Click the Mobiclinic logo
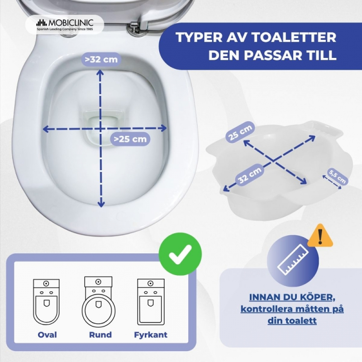[x=65, y=24]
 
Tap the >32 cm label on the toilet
[x=101, y=59]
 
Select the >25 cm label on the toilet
[x=130, y=139]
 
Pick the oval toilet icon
[x=47, y=302]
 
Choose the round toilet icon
[x=99, y=301]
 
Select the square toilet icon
[x=151, y=302]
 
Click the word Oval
[x=48, y=335]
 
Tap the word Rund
[x=100, y=335]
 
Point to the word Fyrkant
[x=151, y=335]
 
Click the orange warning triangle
[x=320, y=236]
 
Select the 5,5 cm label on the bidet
[x=338, y=176]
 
